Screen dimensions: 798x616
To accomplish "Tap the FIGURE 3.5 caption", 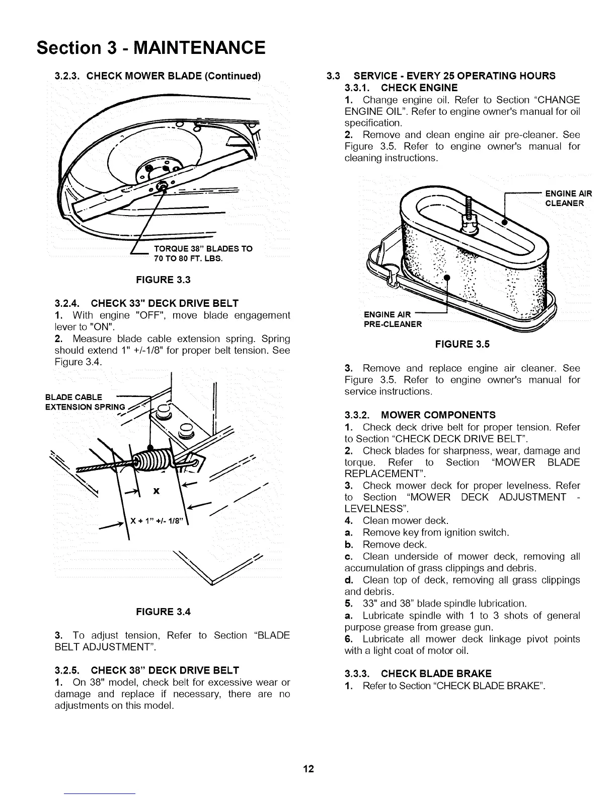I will pos(463,344).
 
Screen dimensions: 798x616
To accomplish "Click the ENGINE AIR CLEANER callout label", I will pos(568,198).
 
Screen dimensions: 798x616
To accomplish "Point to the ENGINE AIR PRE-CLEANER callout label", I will pos(393,319).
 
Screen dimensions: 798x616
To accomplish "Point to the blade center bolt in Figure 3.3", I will pos(163,187).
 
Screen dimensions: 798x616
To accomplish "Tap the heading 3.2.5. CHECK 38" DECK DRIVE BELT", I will pos(146,670).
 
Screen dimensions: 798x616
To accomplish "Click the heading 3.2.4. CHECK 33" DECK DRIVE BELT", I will pos(146,303).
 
